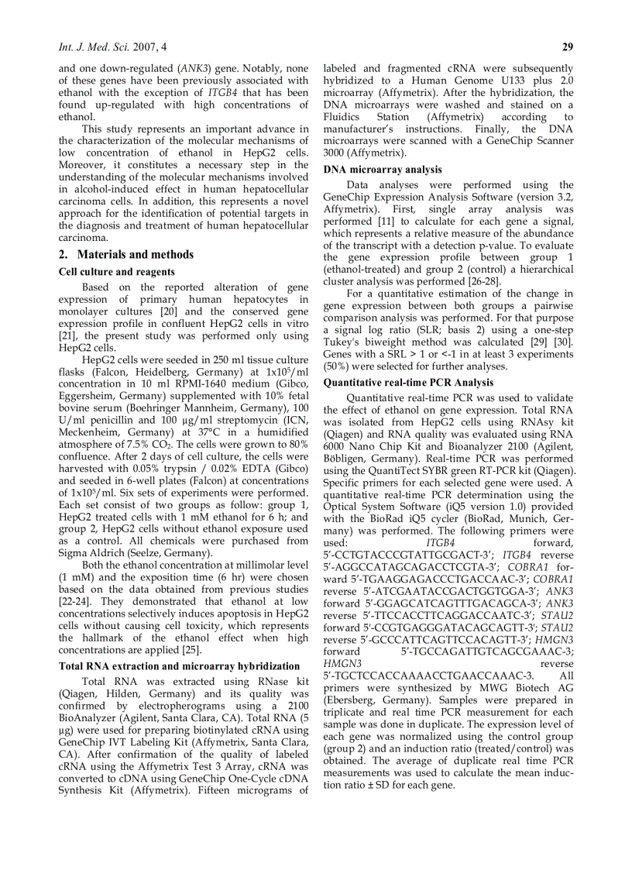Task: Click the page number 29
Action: click(567, 46)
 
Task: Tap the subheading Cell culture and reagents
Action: click(116, 272)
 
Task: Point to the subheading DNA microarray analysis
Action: click(383, 169)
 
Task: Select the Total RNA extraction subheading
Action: click(179, 665)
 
